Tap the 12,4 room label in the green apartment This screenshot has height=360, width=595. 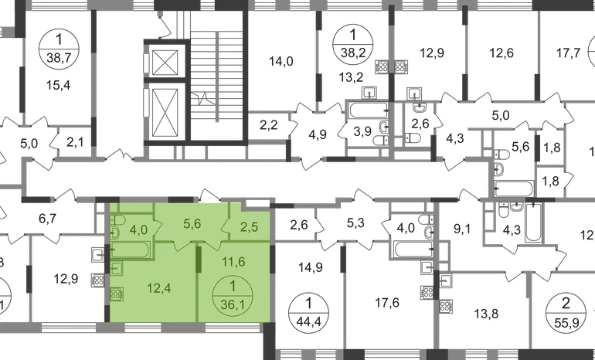tap(158, 289)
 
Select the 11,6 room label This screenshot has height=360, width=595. tap(233, 262)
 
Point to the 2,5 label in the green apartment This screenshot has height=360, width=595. tap(250, 228)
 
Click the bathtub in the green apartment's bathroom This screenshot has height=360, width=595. tap(131, 250)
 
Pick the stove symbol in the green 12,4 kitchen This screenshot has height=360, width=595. tap(117, 294)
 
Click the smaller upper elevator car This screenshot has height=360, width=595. tap(165, 63)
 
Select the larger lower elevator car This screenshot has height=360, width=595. tap(165, 113)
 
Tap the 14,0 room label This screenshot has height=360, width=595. tap(281, 61)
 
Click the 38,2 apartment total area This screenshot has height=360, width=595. tap(353, 53)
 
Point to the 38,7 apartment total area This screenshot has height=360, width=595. tap(59, 58)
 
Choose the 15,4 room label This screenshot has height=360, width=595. tap(59, 86)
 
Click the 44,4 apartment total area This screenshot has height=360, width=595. tap(308, 322)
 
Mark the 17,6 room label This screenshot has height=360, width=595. tap(387, 303)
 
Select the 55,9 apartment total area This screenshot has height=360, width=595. tap(566, 322)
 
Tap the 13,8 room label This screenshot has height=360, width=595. tap(486, 314)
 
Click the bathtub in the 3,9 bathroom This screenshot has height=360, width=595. tap(369, 110)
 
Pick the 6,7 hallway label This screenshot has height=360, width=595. tap(48, 219)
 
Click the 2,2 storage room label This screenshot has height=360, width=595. tap(269, 125)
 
